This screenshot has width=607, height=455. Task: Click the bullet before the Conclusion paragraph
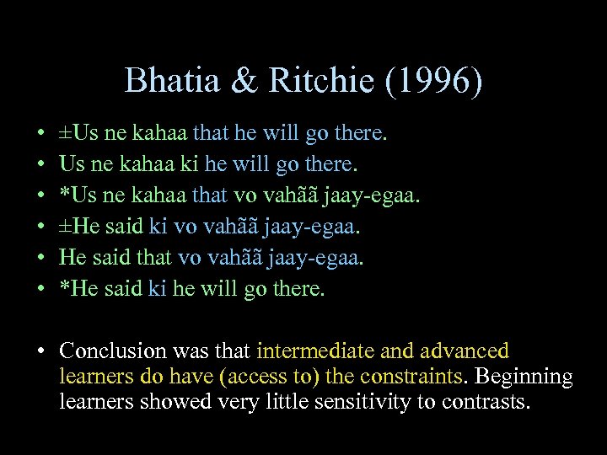[42, 351]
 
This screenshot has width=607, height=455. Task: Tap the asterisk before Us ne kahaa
[64, 195]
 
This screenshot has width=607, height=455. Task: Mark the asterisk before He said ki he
[64, 289]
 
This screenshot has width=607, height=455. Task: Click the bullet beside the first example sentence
[42, 133]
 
